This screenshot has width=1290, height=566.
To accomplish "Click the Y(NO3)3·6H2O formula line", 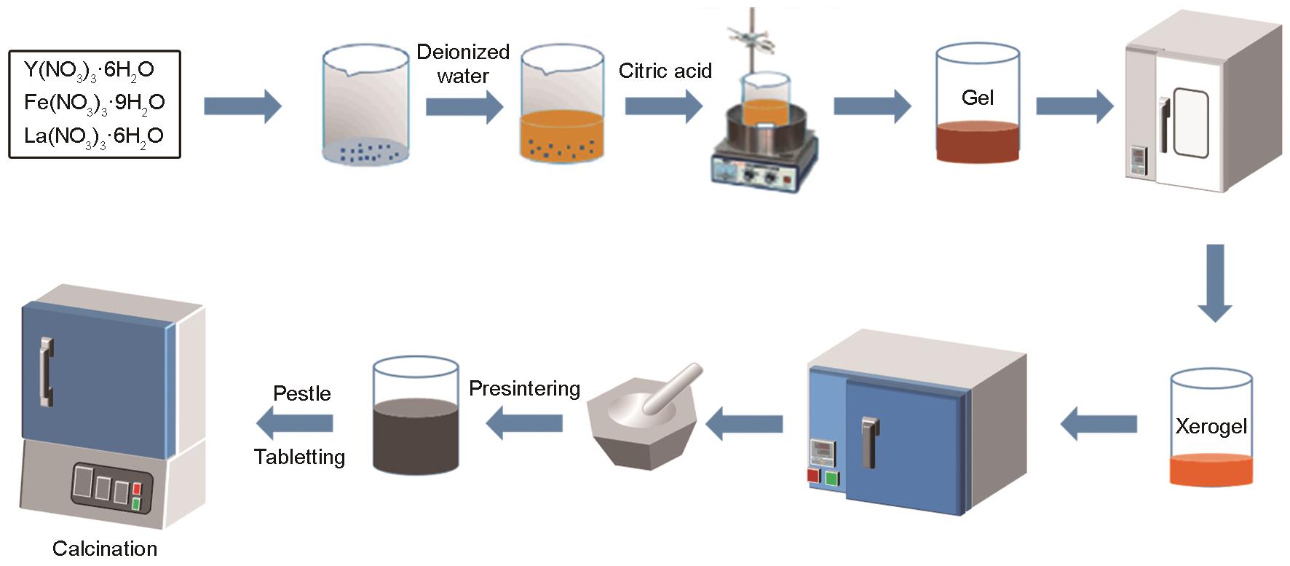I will click(x=90, y=70).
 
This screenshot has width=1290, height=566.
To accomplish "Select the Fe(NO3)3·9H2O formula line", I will click(x=95, y=103).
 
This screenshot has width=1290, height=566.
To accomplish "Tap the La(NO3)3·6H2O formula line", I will click(x=94, y=136).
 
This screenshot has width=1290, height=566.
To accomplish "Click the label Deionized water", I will click(x=463, y=64).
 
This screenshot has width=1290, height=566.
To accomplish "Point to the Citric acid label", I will click(x=665, y=71).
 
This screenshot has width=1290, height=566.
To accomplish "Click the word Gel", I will click(x=977, y=98).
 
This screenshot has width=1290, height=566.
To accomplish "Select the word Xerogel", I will click(x=1211, y=426).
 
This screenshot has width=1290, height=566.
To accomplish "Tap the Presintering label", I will click(x=524, y=388).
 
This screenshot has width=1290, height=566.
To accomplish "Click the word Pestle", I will click(x=302, y=393).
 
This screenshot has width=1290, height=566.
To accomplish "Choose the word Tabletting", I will click(x=299, y=457).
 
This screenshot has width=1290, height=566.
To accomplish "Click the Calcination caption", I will click(x=105, y=549).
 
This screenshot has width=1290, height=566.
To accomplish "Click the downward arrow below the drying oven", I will click(x=1214, y=283).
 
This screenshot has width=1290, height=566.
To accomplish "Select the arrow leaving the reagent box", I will click(x=242, y=106).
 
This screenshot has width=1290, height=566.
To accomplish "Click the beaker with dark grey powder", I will click(x=416, y=415).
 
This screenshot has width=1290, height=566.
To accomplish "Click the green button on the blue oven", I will click(x=832, y=479).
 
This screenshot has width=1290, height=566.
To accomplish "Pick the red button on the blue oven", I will click(x=814, y=476).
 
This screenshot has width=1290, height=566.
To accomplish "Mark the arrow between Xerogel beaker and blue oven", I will click(x=1099, y=423).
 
